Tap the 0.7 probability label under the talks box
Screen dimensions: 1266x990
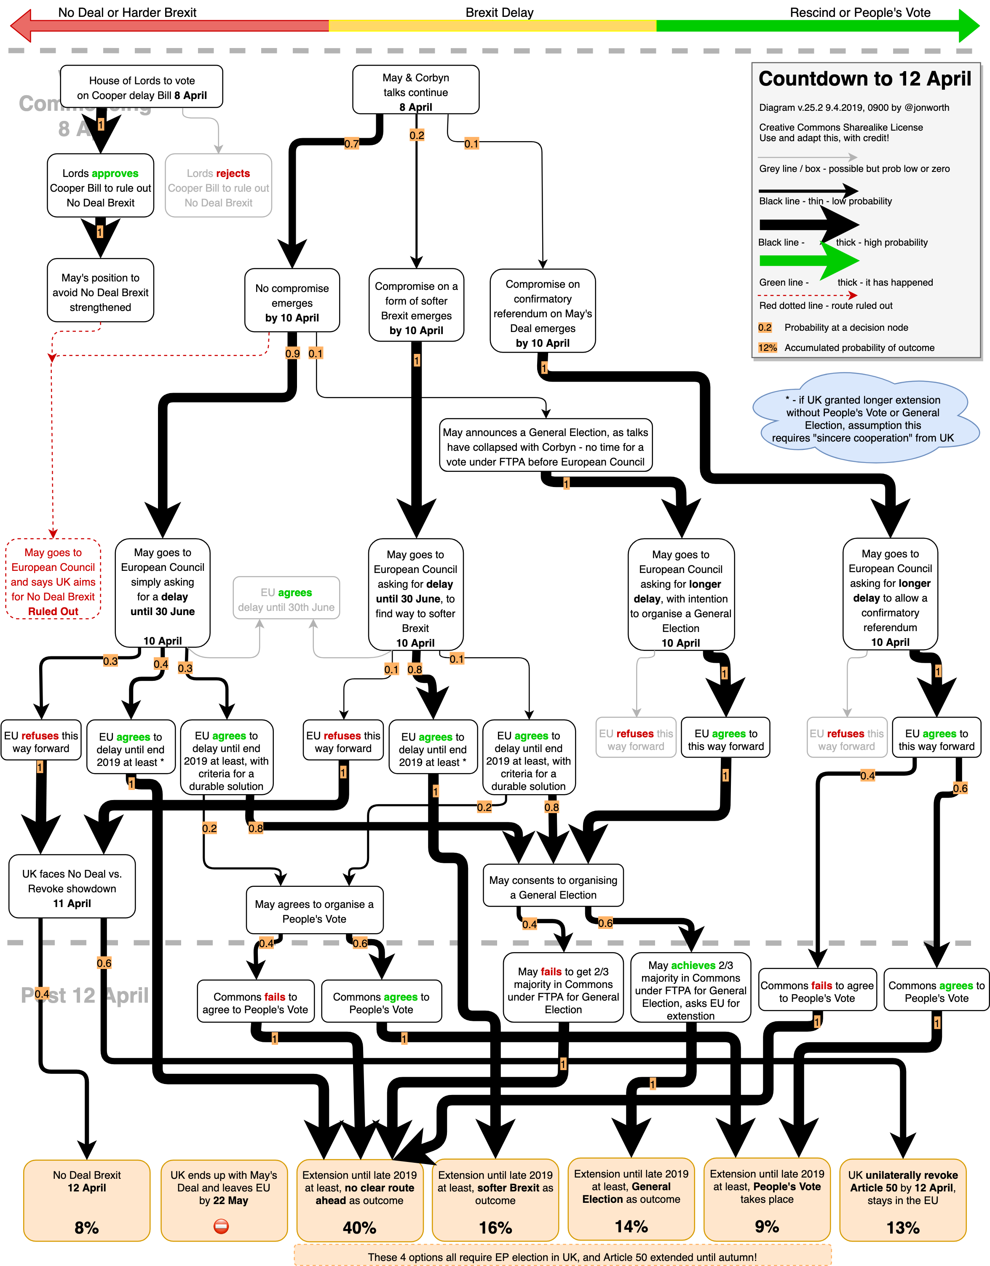pos(351,143)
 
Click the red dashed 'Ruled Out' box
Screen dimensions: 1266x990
pos(54,580)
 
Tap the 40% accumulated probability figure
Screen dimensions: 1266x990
pos(359,1227)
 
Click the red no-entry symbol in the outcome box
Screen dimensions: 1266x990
pos(221,1226)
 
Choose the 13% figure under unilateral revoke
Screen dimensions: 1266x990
pos(902,1227)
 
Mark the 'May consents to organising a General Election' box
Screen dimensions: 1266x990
pos(553,887)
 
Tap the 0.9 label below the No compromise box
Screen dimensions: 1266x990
pos(293,353)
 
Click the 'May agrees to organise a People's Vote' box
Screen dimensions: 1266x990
pos(314,911)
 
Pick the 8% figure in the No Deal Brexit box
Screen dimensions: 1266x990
pos(86,1227)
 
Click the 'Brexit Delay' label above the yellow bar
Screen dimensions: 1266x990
pos(499,12)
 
